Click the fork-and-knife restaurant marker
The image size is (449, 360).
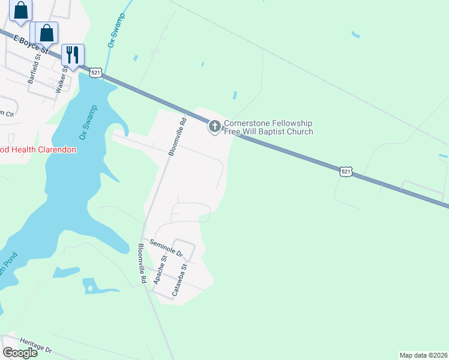(x=73, y=55)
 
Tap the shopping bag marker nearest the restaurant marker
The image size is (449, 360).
(x=47, y=33)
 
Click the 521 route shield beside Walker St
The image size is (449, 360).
(x=95, y=73)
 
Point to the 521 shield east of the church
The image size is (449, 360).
(x=345, y=172)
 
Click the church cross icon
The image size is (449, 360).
(x=214, y=127)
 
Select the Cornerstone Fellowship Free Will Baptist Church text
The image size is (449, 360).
(x=268, y=128)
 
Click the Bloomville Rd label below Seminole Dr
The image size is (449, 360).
(x=142, y=264)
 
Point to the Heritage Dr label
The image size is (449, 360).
(x=36, y=345)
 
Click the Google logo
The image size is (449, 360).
(x=20, y=353)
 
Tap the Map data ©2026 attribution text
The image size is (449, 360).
(x=423, y=355)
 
